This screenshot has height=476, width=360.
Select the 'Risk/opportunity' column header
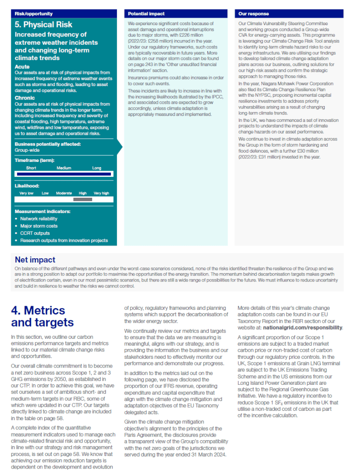(x=34, y=14)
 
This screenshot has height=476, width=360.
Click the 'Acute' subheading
(x=22, y=67)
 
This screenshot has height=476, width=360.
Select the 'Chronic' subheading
(x=25, y=98)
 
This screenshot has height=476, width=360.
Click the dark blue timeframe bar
(x=63, y=174)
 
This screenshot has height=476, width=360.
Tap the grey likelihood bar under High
(x=83, y=199)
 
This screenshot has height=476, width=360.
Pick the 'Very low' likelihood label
(x=26, y=193)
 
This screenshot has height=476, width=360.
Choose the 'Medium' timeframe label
(x=64, y=168)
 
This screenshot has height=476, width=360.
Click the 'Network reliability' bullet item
(x=39, y=218)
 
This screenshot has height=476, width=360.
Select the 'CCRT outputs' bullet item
(x=35, y=233)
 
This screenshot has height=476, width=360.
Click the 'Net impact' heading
(x=35, y=260)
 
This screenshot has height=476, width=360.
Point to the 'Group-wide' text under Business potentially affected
(x=27, y=150)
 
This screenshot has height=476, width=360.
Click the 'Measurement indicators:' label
(x=42, y=211)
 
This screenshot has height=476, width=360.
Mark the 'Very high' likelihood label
(x=101, y=193)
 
